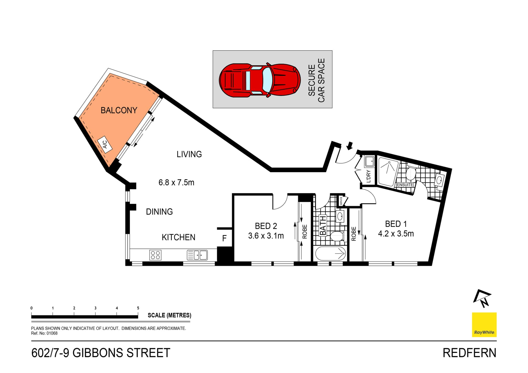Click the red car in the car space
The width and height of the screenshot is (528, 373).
[x=260, y=80]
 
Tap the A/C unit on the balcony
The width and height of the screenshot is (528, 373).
[x=105, y=144]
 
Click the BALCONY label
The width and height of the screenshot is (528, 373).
[x=119, y=110]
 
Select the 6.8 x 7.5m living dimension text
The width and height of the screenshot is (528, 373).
[x=176, y=183]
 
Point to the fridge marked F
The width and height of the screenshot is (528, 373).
[x=224, y=238]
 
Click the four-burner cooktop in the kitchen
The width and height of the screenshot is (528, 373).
[x=155, y=255]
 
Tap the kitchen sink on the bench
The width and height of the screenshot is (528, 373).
[x=197, y=255]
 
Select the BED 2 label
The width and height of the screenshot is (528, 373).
[x=266, y=226]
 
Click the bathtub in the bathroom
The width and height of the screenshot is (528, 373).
[x=330, y=253]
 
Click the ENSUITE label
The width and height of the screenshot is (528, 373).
[x=405, y=185]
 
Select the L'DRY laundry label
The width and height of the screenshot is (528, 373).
[x=369, y=176]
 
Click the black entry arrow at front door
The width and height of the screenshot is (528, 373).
[x=350, y=146]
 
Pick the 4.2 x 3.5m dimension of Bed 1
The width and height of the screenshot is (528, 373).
[x=396, y=234]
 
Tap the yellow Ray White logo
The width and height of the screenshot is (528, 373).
[x=484, y=325]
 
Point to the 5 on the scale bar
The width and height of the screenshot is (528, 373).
[x=138, y=308]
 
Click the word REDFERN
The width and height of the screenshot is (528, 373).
[x=469, y=353]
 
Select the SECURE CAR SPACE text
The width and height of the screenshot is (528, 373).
[x=317, y=80]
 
